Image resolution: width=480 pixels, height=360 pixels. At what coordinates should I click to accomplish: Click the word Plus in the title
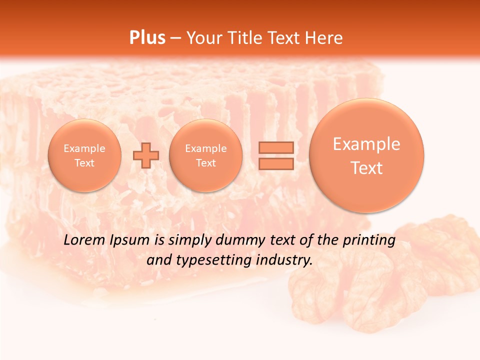click(x=147, y=38)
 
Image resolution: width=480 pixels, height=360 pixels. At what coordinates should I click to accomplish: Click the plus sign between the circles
click(x=146, y=155)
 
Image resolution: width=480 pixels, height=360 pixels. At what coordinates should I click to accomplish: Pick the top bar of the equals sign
click(x=275, y=147)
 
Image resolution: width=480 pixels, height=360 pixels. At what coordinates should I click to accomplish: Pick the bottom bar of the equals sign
click(x=275, y=163)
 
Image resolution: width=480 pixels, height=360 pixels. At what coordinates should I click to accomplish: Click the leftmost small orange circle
click(x=84, y=155)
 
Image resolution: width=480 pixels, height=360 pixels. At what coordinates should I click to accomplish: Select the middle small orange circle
click(x=205, y=155)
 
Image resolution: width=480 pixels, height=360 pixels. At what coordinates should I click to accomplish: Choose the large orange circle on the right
click(x=366, y=155)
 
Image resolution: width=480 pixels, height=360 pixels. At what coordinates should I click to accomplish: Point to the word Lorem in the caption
click(x=84, y=240)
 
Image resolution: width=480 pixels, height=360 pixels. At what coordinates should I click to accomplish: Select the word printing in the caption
click(x=369, y=240)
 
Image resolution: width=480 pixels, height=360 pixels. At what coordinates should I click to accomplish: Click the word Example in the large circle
click(x=366, y=144)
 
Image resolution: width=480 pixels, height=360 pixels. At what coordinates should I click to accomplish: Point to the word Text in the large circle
click(x=366, y=168)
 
